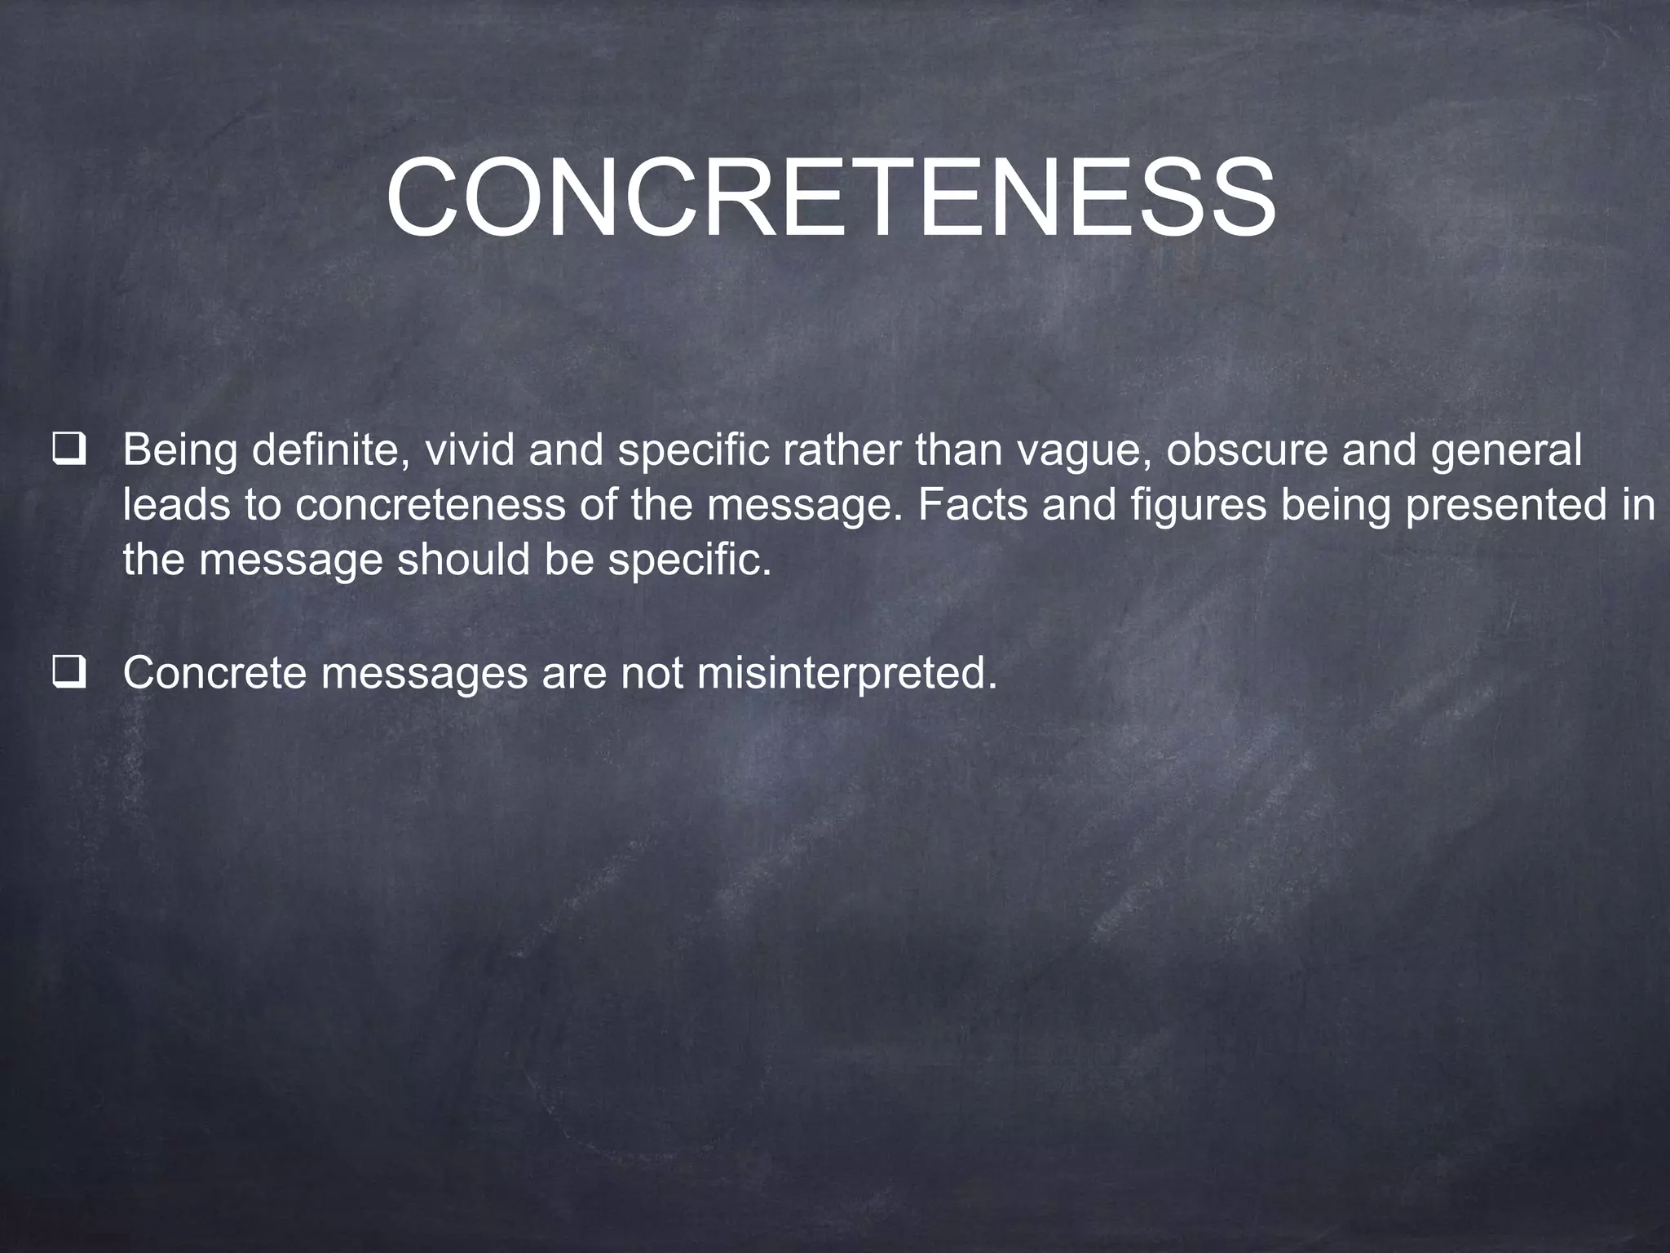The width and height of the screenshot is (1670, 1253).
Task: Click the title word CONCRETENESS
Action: click(x=830, y=199)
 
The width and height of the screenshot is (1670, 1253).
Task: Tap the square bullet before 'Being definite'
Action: click(x=68, y=452)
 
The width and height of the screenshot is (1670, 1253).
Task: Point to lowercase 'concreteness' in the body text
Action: click(x=430, y=505)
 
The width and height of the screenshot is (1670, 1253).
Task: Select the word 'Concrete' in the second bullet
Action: click(x=214, y=673)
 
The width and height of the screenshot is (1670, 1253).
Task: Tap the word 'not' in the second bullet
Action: click(x=652, y=673)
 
